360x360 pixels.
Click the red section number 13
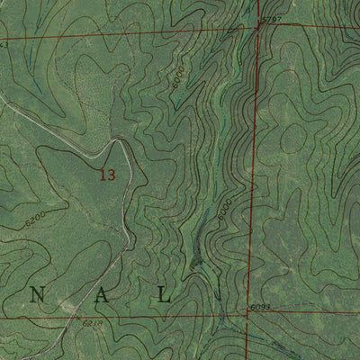[x=107, y=175]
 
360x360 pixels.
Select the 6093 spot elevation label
[x=259, y=308]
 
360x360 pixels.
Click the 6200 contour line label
[x=36, y=218]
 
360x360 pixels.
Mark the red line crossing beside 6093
[x=247, y=315]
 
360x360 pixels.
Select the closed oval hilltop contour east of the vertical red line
[x=294, y=137]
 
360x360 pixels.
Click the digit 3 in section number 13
[x=112, y=175]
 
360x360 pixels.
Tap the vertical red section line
[x=253, y=180]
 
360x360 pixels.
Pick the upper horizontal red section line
[x=135, y=35]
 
